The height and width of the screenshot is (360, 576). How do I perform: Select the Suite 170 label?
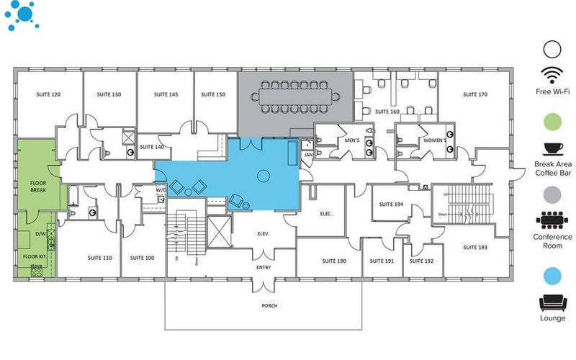coord(475,94)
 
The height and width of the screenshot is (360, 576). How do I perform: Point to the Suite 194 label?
coord(390,204)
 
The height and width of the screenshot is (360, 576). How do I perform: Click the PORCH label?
coord(269,305)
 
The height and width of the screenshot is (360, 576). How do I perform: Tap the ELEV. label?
coord(264,234)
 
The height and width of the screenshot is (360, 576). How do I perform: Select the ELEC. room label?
coord(325,213)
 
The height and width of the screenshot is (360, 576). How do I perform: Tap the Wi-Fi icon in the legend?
coord(552,74)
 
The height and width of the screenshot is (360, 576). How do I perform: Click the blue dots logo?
coord(22,16)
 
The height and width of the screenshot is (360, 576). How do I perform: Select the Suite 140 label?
coord(152,147)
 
